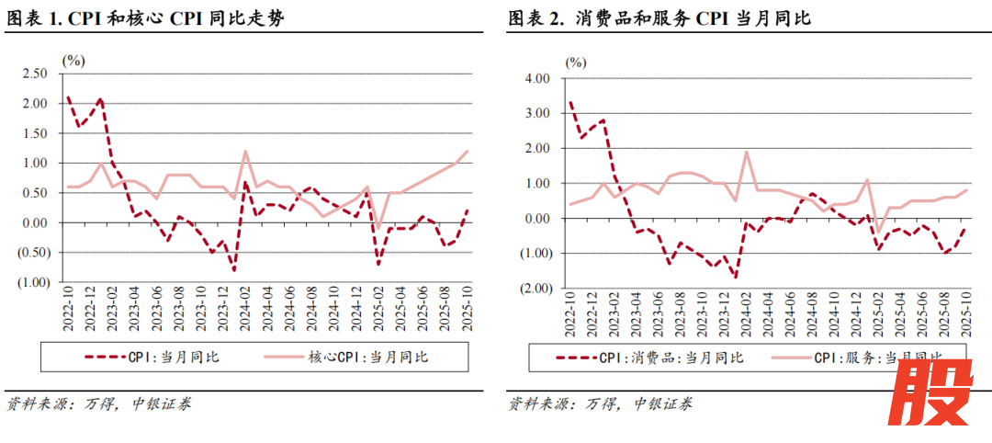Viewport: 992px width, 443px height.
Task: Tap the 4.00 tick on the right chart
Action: (535, 79)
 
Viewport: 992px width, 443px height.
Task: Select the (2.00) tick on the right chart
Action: (533, 288)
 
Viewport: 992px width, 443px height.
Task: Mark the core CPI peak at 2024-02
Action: (245, 151)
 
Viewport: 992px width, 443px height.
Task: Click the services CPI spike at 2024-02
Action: (747, 153)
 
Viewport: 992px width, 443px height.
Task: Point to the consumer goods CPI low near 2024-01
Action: (736, 277)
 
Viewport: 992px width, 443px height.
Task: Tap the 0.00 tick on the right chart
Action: (535, 219)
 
